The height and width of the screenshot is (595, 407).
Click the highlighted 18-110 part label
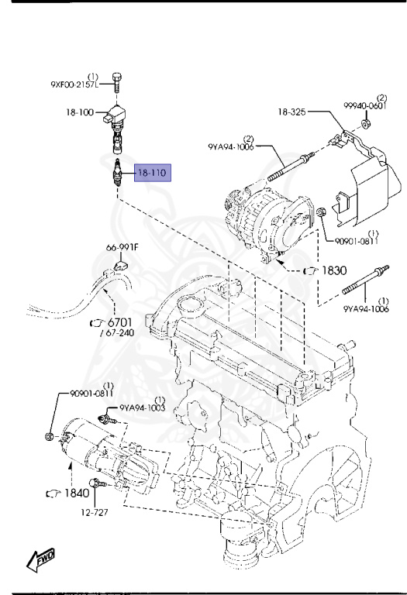pyautogui.click(x=152, y=173)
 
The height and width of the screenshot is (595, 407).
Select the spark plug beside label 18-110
pyautogui.click(x=117, y=172)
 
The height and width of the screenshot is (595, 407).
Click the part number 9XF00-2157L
pyautogui.click(x=74, y=84)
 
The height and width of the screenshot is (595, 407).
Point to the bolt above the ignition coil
pyautogui.click(x=117, y=81)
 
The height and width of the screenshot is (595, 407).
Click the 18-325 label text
pyautogui.click(x=291, y=112)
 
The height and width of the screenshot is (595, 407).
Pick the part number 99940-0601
pyautogui.click(x=365, y=105)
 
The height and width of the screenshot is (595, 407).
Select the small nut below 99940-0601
pyautogui.click(x=366, y=124)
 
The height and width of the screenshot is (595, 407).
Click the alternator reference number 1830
pyautogui.click(x=334, y=270)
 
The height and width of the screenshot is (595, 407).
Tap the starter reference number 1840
pyautogui.click(x=77, y=493)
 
